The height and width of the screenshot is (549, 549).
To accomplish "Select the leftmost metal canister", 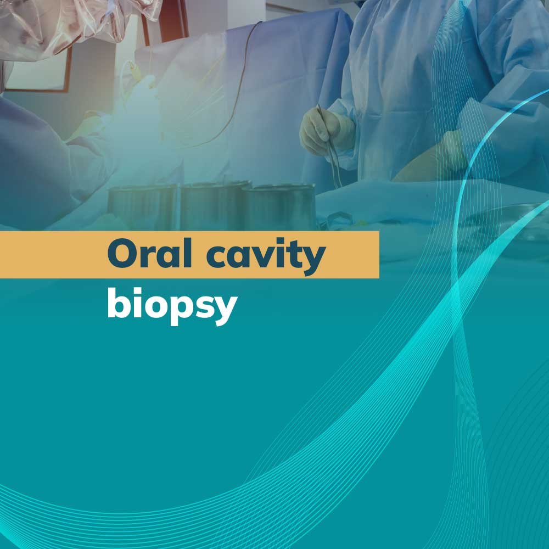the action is coord(143,206).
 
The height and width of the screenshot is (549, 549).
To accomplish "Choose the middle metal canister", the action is coord(214,205).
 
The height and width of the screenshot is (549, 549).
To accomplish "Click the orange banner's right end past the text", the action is coord(354,255).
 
